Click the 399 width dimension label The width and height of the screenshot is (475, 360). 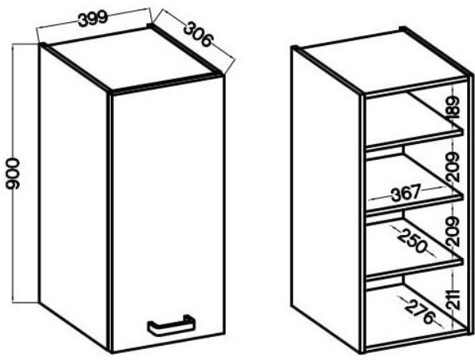coord(93,19)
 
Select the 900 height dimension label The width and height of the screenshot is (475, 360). coord(13,173)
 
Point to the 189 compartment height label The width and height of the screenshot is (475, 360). coord(453,108)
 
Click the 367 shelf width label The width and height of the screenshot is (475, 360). coord(406,193)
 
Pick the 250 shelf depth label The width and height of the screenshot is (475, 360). coord(412,240)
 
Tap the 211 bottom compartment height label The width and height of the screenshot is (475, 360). coord(454,300)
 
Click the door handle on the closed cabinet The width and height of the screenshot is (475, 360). coord(171,325)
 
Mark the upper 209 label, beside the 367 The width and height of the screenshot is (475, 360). coord(454,167)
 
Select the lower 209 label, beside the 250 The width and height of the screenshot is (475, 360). coord(454,231)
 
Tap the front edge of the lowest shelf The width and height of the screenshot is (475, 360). coord(414,268)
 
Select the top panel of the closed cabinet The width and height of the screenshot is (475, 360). coord(131,59)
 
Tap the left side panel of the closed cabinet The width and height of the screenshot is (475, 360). coord(74,197)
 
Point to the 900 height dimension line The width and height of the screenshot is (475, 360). coord(12,173)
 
